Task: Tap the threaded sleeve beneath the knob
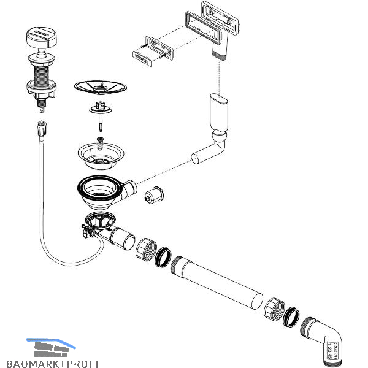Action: click(41, 71)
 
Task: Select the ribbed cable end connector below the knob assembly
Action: click(43, 129)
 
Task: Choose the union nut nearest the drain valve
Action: click(144, 248)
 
